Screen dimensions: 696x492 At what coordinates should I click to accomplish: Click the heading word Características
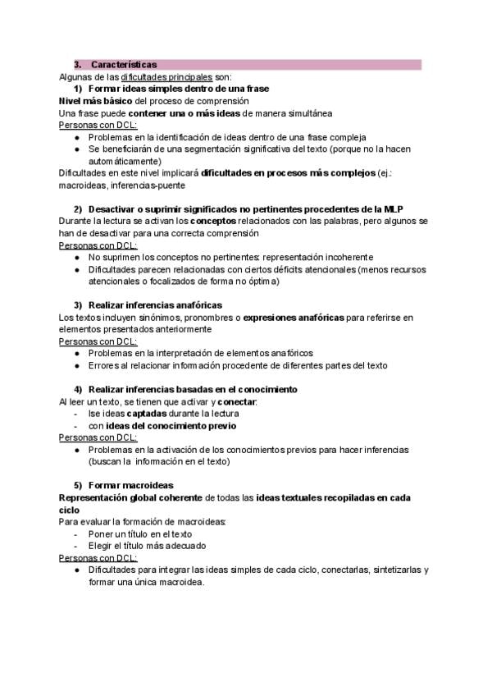tap(125, 64)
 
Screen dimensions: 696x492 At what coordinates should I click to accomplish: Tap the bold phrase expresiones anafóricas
tap(294, 317)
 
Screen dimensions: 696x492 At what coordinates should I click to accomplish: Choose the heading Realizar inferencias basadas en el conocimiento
tap(193, 389)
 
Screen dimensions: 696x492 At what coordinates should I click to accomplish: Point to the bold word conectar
tap(236, 401)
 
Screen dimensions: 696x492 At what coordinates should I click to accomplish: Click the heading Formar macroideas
tap(130, 486)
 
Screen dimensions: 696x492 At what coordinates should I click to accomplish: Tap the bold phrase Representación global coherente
tap(130, 498)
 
